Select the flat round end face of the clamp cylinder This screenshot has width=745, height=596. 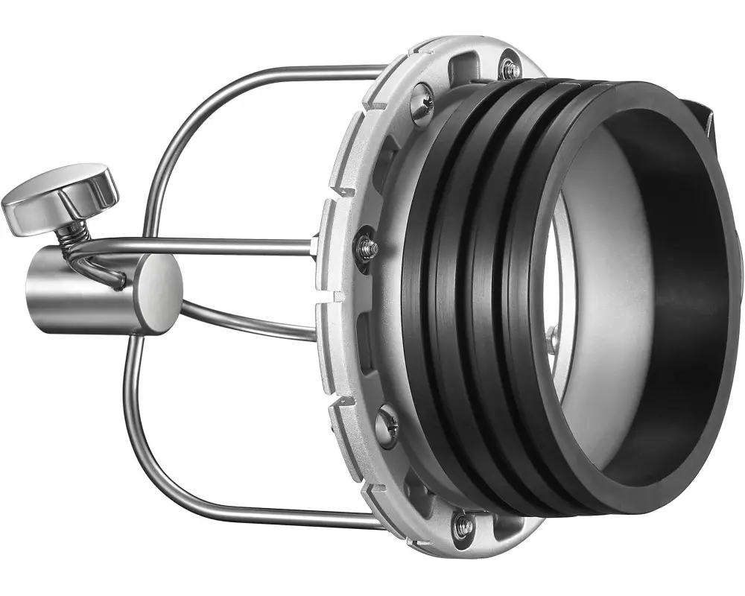(x=157, y=293)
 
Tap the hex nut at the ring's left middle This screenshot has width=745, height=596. (x=366, y=246)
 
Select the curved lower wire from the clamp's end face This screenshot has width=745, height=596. (x=246, y=320)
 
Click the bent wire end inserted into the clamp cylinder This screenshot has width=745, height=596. (x=104, y=271)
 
